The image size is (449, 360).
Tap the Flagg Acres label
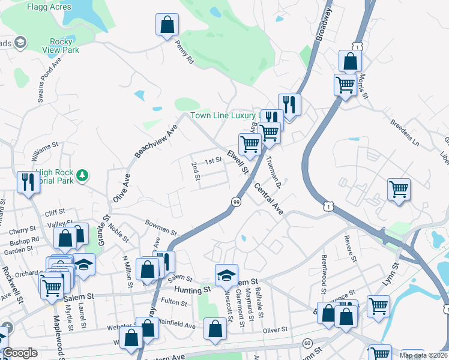(49, 7)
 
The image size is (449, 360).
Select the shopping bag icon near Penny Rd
(167, 26)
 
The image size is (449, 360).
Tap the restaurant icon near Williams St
(28, 182)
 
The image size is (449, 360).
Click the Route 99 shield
(237, 203)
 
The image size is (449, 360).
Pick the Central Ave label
(268, 200)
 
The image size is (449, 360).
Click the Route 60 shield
(307, 343)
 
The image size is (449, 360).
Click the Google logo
(20, 353)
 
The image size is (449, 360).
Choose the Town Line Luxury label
(225, 116)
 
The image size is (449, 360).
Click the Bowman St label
(161, 227)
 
